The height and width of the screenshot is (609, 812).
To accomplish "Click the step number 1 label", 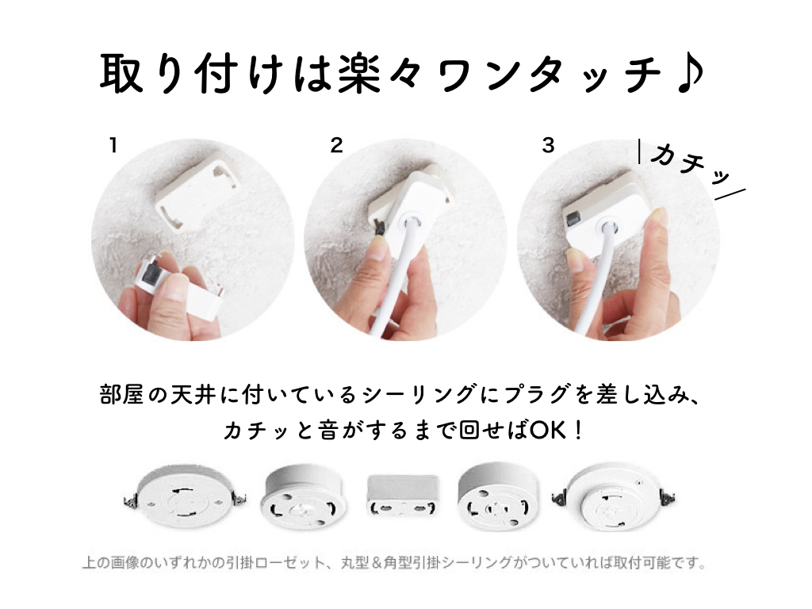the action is [x=113, y=146].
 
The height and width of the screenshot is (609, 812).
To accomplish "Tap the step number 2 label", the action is [x=336, y=146].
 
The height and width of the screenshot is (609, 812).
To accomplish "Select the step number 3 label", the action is [x=549, y=146].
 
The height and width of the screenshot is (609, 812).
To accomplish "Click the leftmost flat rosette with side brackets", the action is [x=185, y=497].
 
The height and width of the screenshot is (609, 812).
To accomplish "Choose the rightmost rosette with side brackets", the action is [x=614, y=496].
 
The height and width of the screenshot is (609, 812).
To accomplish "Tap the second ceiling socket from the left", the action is [x=304, y=496].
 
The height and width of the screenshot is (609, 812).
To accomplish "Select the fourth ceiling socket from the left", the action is [x=498, y=496].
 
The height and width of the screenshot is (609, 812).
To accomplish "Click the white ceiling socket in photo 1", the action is [x=198, y=193].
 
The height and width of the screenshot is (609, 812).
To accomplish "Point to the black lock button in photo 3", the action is [x=573, y=219].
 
